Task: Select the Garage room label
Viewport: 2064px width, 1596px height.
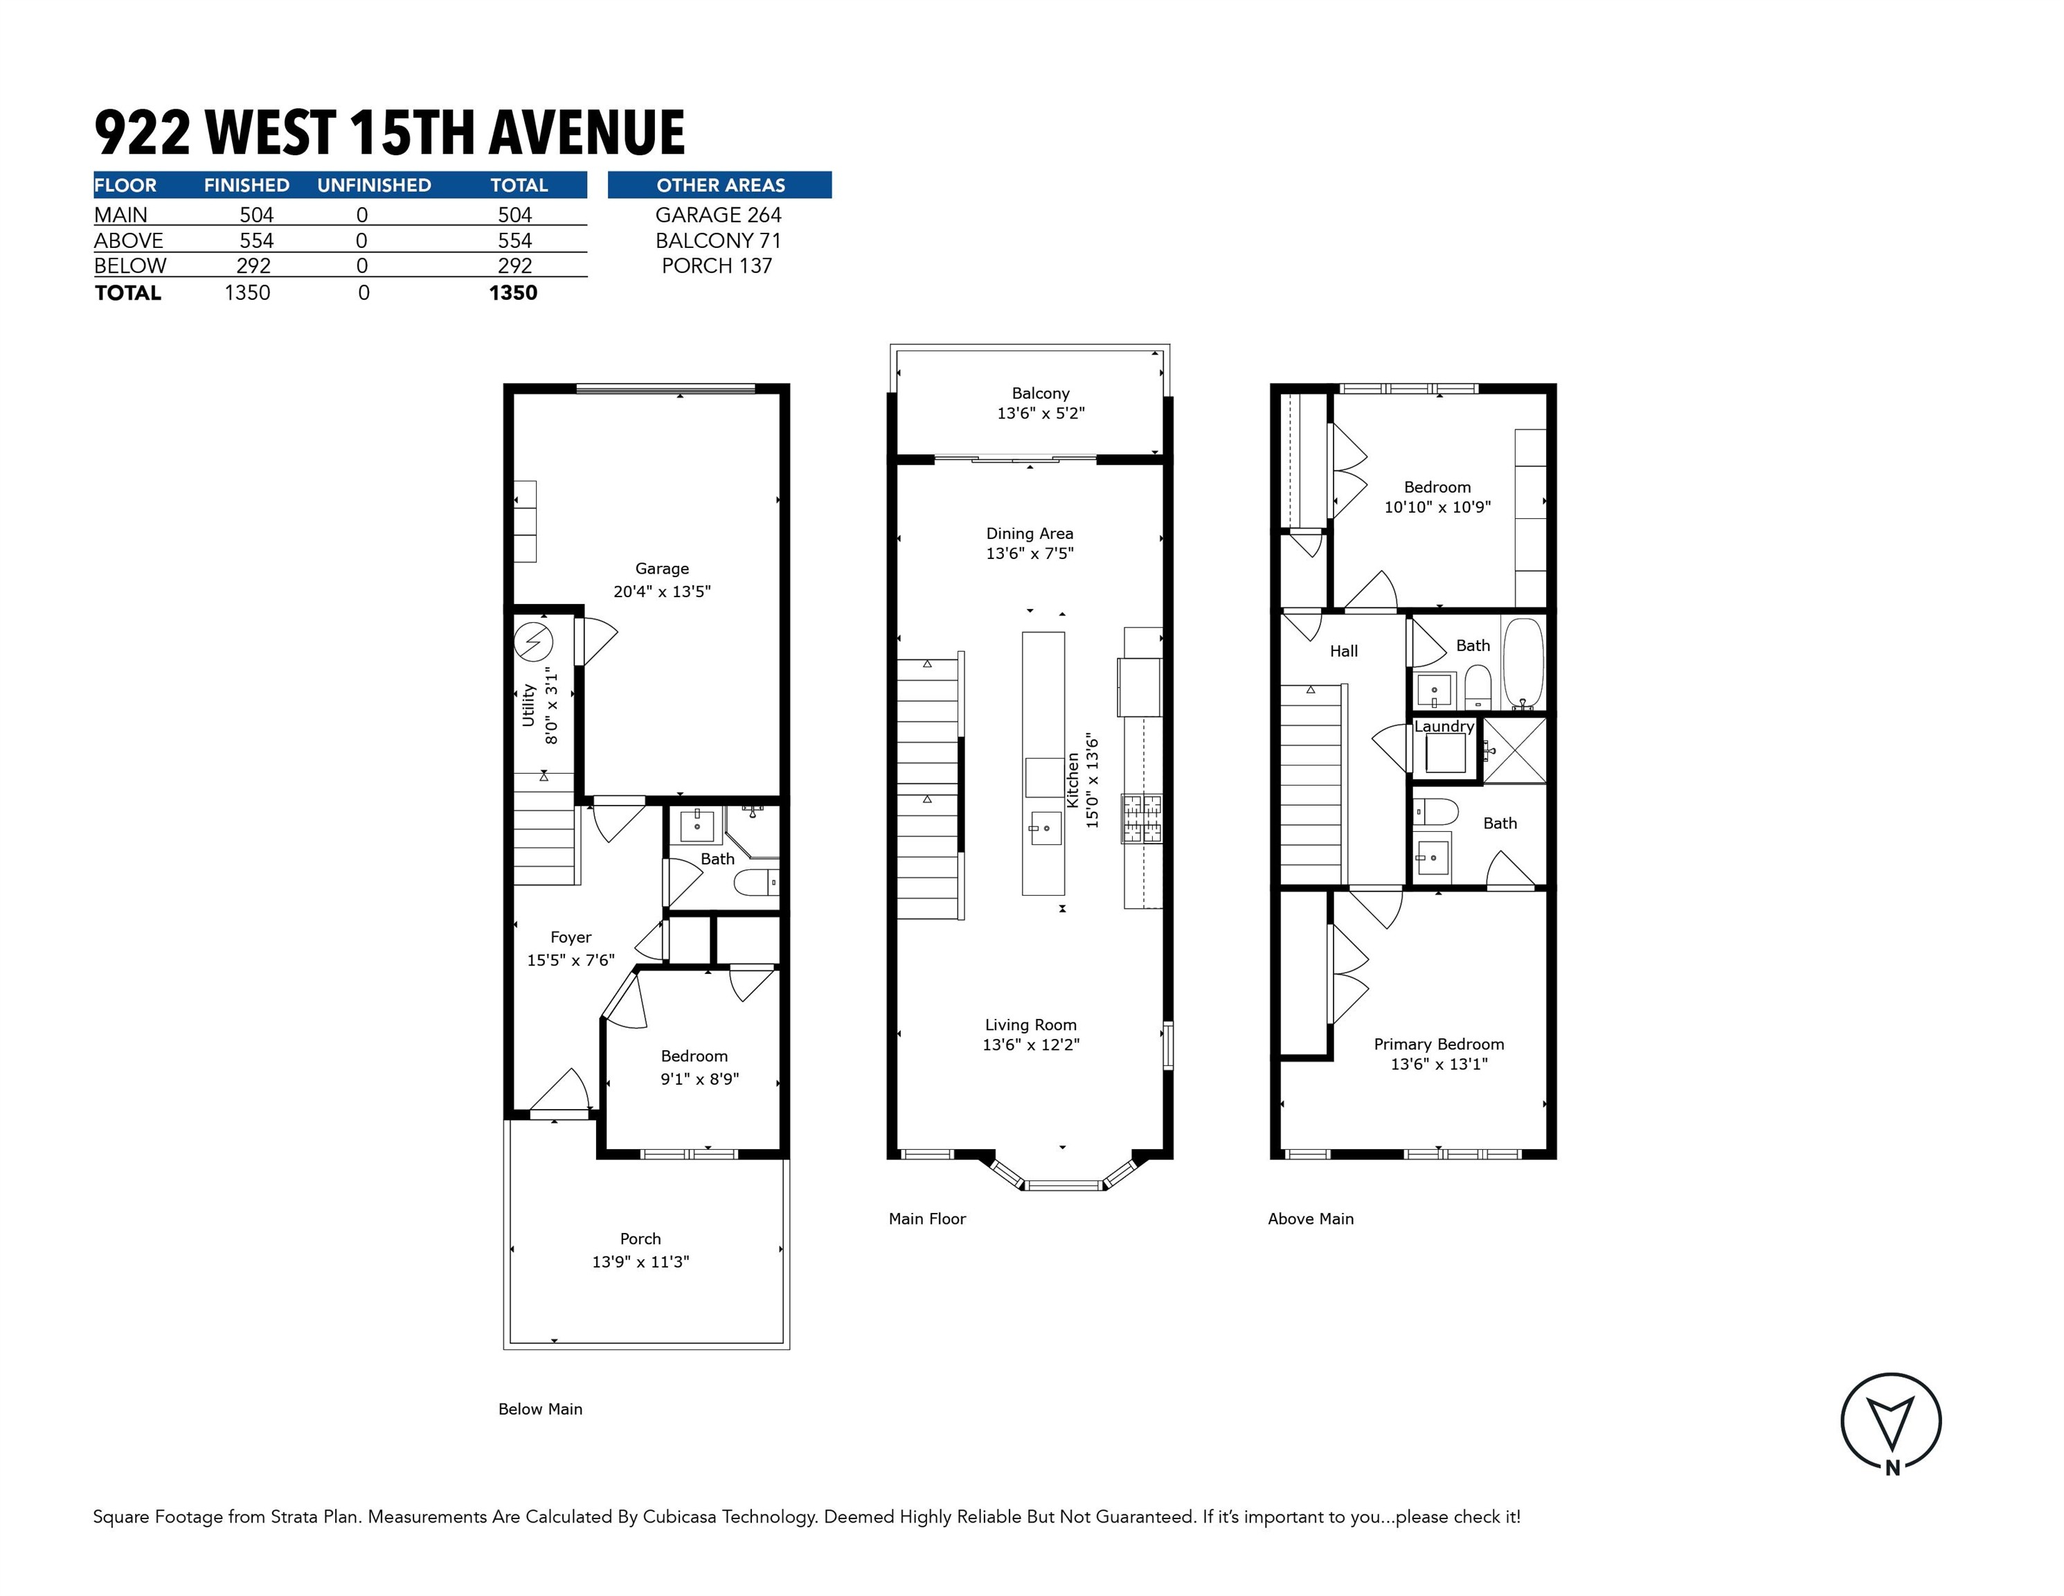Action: click(x=661, y=568)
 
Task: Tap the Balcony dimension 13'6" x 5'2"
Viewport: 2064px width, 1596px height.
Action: click(x=1041, y=413)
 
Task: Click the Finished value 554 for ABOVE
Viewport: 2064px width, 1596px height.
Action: click(x=256, y=240)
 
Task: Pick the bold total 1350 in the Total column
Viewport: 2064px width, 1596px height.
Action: click(x=513, y=293)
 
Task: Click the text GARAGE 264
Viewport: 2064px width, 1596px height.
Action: click(x=718, y=215)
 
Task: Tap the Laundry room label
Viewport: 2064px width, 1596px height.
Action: click(x=1443, y=726)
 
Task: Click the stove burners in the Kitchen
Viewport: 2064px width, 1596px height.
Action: click(x=1142, y=819)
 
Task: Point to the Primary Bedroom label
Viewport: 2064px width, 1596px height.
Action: click(x=1438, y=1044)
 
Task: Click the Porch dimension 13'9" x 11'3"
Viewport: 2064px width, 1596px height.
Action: click(x=640, y=1261)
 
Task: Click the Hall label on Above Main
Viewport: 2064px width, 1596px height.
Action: click(x=1343, y=650)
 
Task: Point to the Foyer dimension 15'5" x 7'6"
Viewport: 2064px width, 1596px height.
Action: click(x=571, y=959)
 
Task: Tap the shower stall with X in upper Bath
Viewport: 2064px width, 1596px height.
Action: click(x=1514, y=750)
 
